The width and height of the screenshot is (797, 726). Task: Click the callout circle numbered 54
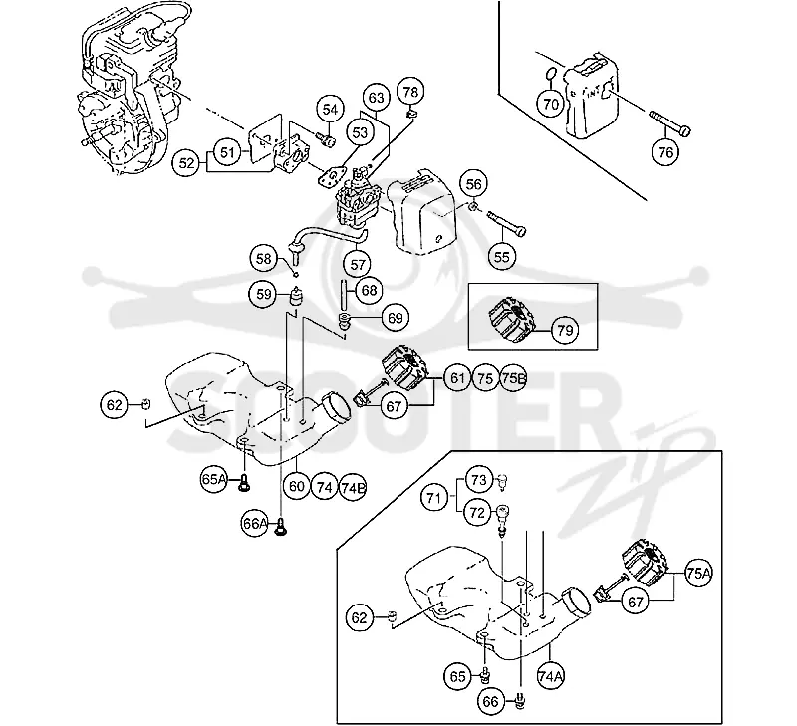pos(330,110)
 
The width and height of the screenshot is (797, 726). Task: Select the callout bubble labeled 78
pos(410,92)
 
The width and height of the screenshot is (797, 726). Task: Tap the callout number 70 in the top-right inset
pos(551,104)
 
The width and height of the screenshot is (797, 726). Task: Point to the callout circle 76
pos(665,152)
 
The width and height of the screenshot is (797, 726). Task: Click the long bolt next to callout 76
pos(669,121)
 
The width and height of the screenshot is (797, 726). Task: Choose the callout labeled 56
pos(473,184)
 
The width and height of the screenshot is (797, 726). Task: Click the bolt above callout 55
pos(506,224)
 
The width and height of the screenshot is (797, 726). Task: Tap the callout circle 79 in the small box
pos(565,331)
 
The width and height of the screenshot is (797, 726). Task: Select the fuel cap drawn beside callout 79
pos(513,320)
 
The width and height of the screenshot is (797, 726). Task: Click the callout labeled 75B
pos(513,378)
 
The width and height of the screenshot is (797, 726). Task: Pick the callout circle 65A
pos(214,480)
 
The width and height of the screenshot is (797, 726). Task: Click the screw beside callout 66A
pos(280,527)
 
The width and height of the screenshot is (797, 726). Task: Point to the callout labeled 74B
pos(353,488)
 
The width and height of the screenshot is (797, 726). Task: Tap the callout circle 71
pos(433,498)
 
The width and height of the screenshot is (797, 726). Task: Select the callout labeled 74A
pos(551,676)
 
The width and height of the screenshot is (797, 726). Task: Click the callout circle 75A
pos(699,574)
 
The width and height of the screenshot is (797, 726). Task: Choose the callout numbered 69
pos(395,318)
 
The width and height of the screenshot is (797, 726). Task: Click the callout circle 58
pos(264,259)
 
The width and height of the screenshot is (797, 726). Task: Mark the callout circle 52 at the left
pos(186,163)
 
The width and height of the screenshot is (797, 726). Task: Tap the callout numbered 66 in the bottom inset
pos(491,702)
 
